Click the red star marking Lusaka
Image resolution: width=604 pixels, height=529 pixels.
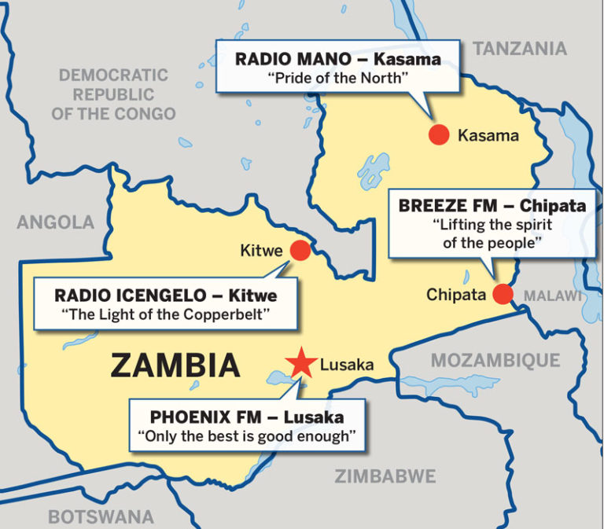click(300, 363)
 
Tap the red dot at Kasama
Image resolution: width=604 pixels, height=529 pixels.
click(439, 134)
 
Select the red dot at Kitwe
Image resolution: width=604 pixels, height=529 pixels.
click(300, 251)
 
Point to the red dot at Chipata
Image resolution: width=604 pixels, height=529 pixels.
click(503, 295)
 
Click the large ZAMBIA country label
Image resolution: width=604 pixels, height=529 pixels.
click(175, 366)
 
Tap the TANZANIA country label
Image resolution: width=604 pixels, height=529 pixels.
click(520, 49)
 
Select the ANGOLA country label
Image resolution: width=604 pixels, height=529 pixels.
click(55, 222)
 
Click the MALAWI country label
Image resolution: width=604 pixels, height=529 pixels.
click(553, 296)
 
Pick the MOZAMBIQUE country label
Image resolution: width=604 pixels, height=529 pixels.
click(495, 361)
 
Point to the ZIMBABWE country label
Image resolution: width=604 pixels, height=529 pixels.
click(385, 476)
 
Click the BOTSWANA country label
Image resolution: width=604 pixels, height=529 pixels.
click(101, 516)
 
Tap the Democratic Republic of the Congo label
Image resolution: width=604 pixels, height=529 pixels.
click(113, 94)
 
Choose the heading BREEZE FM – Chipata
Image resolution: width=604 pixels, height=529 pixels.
click(492, 207)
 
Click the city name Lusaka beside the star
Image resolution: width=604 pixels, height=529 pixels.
click(347, 365)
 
